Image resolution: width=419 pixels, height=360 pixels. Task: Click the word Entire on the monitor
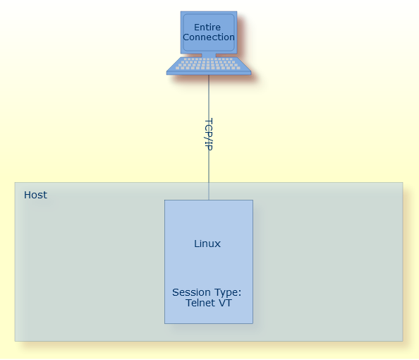[207, 28]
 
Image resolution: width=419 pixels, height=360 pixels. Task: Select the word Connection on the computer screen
[209, 37]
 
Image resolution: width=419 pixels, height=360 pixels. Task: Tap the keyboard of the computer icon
[209, 65]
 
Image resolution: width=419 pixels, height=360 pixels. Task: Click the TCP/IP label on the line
[208, 133]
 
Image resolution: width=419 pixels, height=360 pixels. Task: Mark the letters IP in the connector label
[208, 145]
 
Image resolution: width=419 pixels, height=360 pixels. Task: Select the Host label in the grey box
[35, 195]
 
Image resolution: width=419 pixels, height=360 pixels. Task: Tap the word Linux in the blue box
[207, 244]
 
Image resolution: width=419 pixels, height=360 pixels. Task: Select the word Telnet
[199, 303]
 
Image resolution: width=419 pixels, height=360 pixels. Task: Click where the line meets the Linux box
[209, 200]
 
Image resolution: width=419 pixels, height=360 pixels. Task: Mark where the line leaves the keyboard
[209, 75]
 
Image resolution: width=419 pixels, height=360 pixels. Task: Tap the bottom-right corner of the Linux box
[253, 323]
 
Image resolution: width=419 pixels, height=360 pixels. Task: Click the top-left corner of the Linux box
[165, 200]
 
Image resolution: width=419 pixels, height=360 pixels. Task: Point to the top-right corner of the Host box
[403, 184]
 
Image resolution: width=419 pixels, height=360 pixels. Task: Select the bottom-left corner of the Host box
[16, 341]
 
